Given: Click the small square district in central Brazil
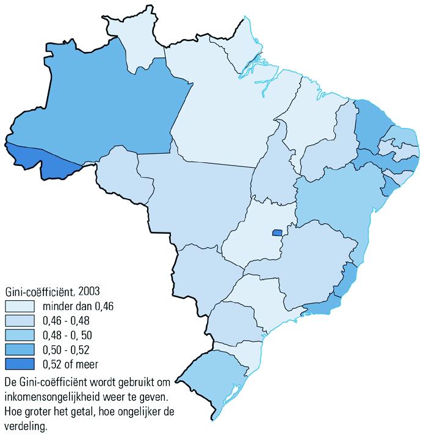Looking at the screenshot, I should pyautogui.click(x=277, y=232).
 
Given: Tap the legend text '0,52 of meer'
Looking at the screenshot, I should pyautogui.click(x=70, y=364).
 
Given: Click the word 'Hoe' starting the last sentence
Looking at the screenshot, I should pyautogui.click(x=13, y=411).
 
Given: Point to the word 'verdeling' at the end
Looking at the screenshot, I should pyautogui.click(x=25, y=425).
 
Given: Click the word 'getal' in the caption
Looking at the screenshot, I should pyautogui.click(x=80, y=411).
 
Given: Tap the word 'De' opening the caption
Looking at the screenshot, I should pyautogui.click(x=11, y=383).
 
